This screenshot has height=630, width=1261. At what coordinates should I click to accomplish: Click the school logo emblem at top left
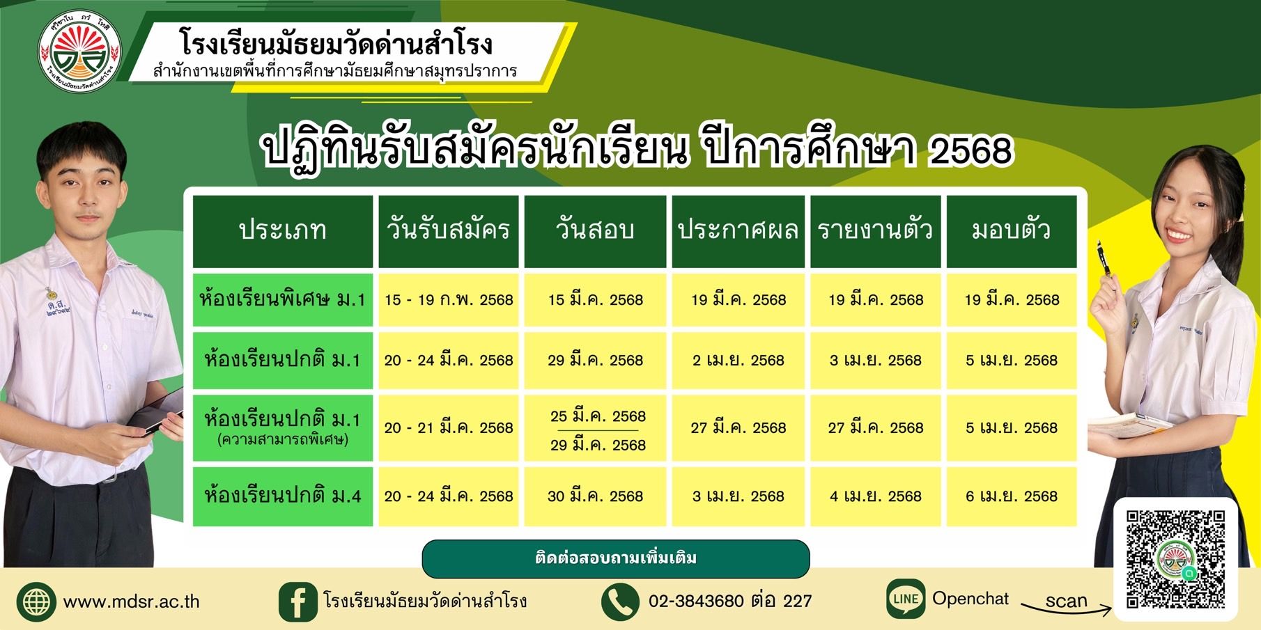[x=79, y=51]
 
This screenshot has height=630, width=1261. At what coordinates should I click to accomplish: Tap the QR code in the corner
[x=1175, y=559]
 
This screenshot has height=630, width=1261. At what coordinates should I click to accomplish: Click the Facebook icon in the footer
[x=297, y=601]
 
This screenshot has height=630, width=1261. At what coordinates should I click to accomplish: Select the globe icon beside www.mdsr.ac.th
[x=36, y=601]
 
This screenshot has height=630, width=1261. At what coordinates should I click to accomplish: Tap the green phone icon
[x=619, y=601]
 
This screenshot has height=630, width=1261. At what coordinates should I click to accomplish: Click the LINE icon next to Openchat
[x=906, y=599]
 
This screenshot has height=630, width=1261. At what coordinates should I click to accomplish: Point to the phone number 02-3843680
[x=696, y=601]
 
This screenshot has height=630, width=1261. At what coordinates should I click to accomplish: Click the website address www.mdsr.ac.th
[x=131, y=601]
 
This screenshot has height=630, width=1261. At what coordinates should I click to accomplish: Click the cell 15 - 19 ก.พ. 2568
[x=449, y=300]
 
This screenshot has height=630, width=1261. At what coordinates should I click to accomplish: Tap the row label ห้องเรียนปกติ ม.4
[x=282, y=496]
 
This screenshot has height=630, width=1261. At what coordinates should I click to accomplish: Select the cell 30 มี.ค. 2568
[x=595, y=496]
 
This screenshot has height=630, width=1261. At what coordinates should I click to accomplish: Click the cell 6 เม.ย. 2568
[x=1011, y=496]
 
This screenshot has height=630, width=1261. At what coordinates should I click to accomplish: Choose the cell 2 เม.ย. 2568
[x=738, y=361]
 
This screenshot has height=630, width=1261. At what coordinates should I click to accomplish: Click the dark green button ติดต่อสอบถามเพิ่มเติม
[x=616, y=559]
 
